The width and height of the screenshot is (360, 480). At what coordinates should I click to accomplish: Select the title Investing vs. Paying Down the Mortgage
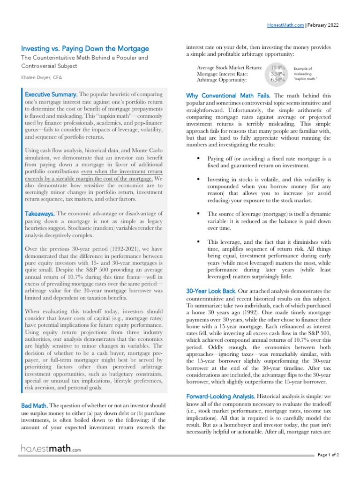[85, 48]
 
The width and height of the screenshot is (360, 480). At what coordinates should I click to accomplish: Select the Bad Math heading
[34, 405]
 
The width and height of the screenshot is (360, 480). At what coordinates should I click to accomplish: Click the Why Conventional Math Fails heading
[228, 95]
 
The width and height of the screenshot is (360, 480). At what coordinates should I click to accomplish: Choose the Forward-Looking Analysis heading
[220, 397]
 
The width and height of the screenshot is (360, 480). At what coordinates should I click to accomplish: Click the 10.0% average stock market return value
[278, 67]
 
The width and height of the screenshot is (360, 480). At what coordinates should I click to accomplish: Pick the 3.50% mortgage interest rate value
[278, 74]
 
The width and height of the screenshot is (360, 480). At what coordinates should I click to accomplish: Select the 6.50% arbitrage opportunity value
[278, 80]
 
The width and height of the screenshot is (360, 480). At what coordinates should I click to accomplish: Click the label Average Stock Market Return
[229, 67]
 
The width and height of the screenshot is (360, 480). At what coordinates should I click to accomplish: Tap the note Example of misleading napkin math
[307, 74]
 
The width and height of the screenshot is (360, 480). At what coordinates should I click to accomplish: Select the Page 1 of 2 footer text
[328, 455]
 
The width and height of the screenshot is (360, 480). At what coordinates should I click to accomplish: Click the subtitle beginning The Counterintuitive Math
[84, 62]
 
